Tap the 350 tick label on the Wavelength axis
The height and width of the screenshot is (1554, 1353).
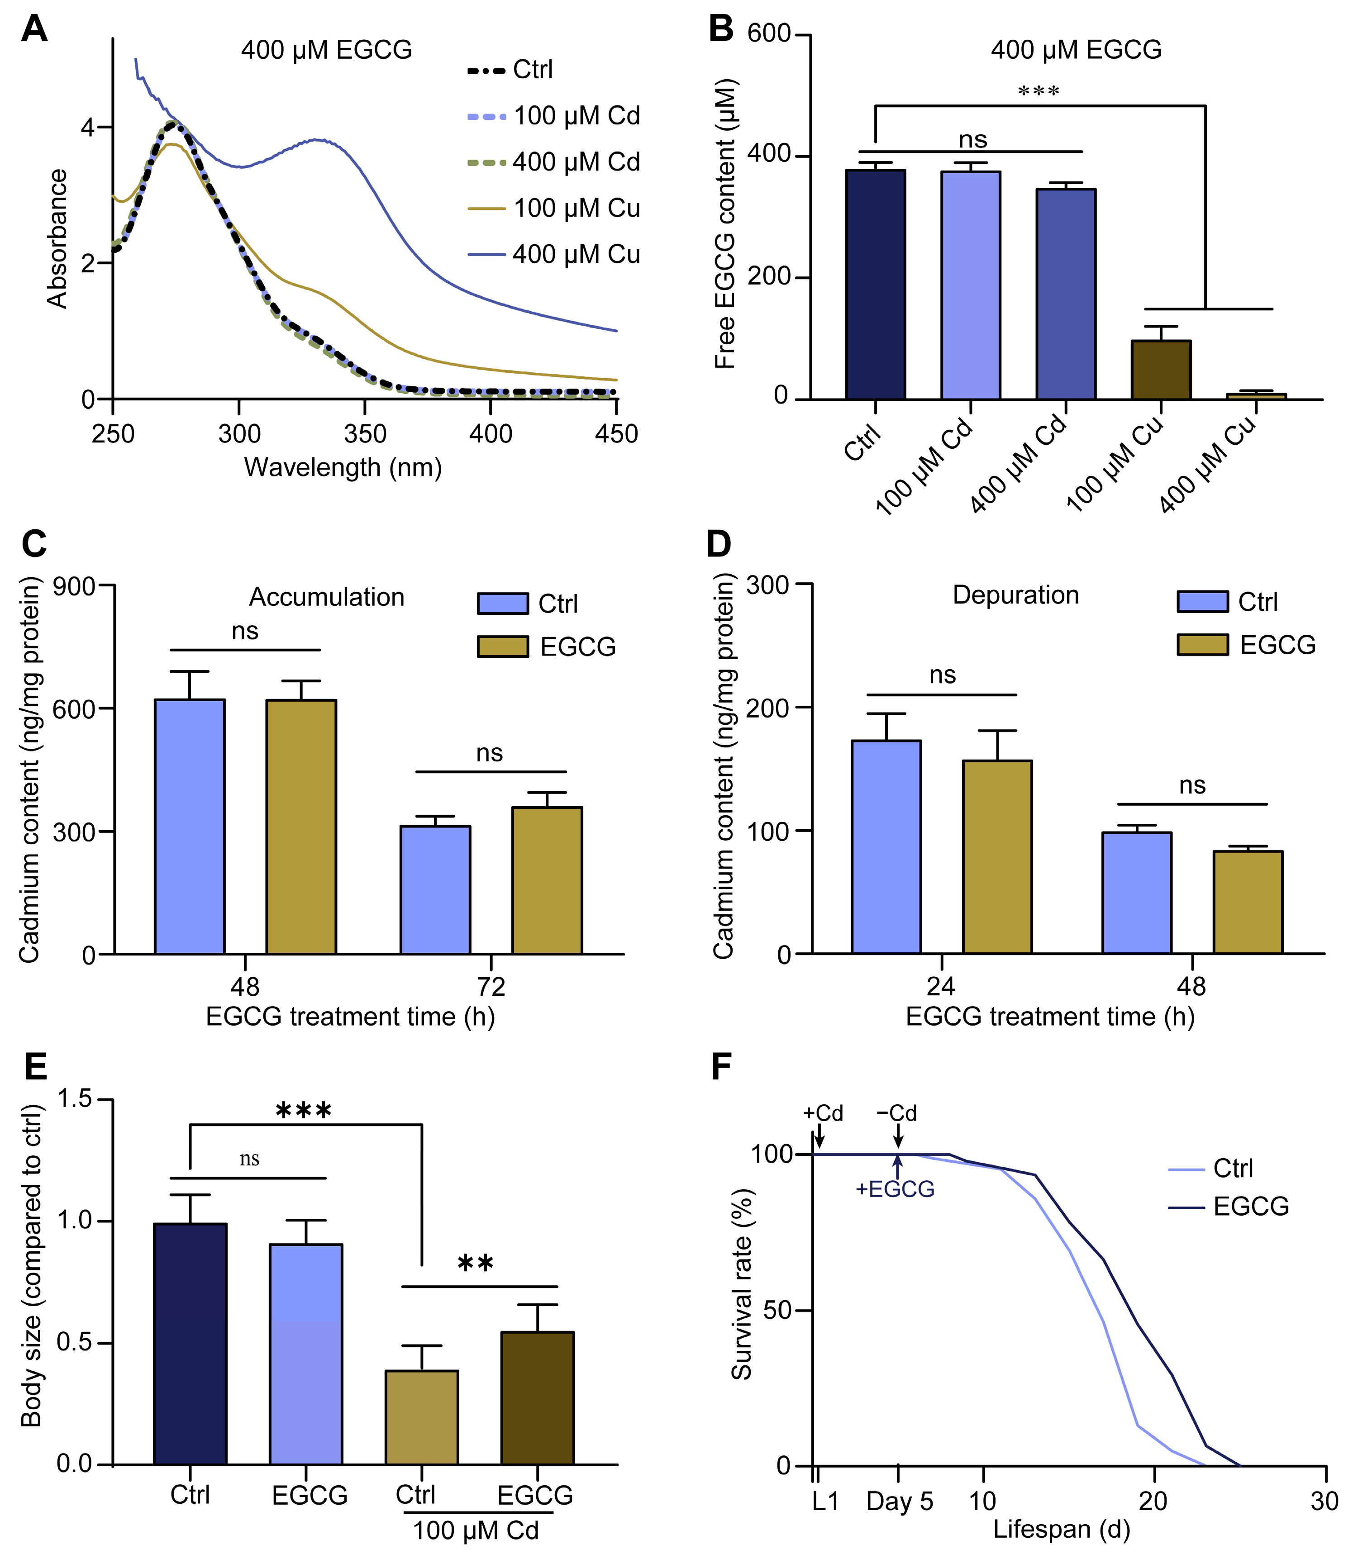pyautogui.click(x=365, y=434)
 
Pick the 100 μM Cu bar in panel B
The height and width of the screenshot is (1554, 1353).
pyautogui.click(x=1161, y=369)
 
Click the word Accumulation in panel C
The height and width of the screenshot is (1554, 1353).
pyautogui.click(x=326, y=597)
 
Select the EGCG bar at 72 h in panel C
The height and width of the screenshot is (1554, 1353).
pyautogui.click(x=547, y=880)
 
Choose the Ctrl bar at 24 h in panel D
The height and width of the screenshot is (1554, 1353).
pyautogui.click(x=886, y=847)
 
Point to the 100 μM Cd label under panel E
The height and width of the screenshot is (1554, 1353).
pyautogui.click(x=476, y=1530)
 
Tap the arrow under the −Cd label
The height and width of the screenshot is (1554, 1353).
pyautogui.click(x=898, y=1134)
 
